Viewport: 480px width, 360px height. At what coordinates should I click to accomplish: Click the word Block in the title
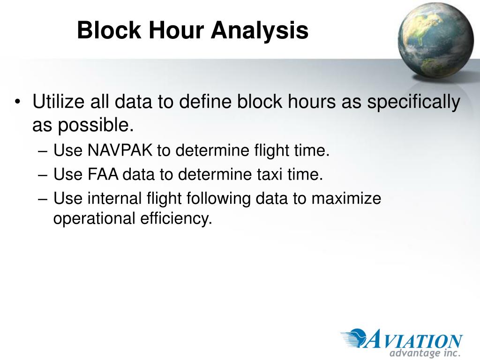pos(109,30)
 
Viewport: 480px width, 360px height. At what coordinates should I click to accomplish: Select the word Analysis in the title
pos(260,30)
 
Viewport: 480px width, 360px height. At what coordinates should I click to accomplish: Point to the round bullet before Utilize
pos(18,101)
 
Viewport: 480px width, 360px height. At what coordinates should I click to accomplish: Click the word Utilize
pos(58,101)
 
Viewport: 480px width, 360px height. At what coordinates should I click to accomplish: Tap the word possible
pos(96,126)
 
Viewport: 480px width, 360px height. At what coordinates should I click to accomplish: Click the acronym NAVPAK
pos(120,150)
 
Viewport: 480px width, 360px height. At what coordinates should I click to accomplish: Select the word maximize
pos(346,198)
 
